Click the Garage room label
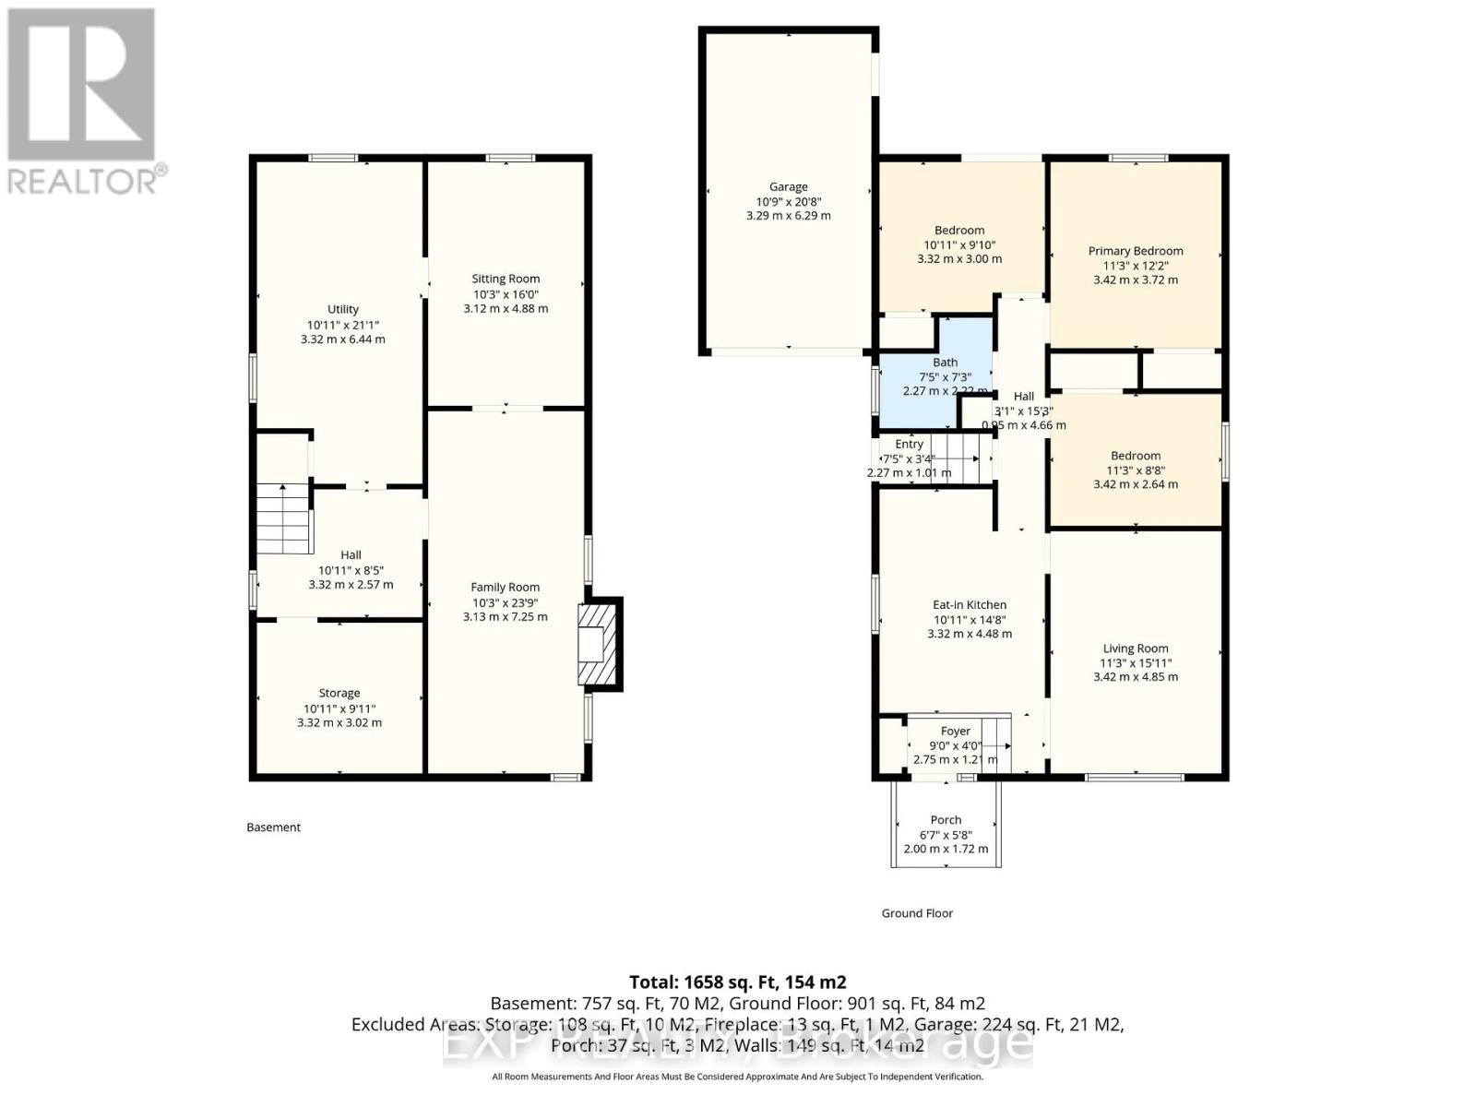[788, 187]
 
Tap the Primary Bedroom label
[1136, 251]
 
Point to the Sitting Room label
[506, 279]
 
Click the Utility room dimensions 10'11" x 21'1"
[343, 325]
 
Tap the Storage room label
[339, 693]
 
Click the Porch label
[946, 820]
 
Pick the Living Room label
[1136, 649]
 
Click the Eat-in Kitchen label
[970, 605]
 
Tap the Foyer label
[955, 732]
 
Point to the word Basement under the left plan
[274, 827]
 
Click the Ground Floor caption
[917, 913]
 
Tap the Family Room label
[505, 588]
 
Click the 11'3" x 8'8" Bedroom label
[1136, 456]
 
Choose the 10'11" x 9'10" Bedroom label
[959, 231]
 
